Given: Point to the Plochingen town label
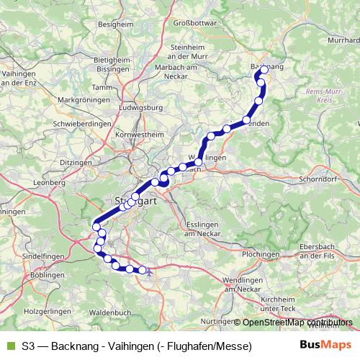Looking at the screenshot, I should click(261, 255).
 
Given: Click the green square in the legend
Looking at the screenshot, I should click(10, 346).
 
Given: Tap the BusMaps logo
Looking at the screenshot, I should click(326, 346).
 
